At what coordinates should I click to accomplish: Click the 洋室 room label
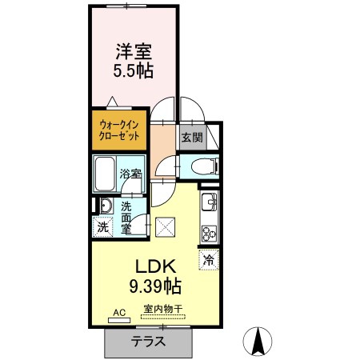coord(134,52)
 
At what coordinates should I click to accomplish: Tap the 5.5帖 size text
coord(134,70)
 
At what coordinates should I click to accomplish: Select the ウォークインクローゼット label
coord(119,130)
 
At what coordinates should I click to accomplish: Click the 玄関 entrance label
coord(192,138)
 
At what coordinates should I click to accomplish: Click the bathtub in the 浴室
coord(105,174)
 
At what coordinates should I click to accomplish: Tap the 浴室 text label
coord(130,174)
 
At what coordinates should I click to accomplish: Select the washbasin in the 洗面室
coord(106,206)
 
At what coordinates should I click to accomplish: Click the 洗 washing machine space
coord(103,227)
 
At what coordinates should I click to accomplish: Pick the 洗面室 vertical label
coord(126,218)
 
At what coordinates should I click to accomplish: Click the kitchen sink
coord(209,202)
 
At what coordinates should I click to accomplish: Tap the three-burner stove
coord(209,234)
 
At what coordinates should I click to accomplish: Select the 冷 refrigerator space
coord(209,260)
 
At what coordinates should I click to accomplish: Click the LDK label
coord(156,266)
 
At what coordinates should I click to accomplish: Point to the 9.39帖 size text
coord(155,286)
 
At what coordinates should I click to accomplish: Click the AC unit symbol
coord(119,320)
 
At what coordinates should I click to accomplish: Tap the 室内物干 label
coord(162,309)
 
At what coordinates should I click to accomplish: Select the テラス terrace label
coord(148,341)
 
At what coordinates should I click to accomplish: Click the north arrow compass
coord(258,342)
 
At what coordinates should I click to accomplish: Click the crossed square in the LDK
coord(166,227)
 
